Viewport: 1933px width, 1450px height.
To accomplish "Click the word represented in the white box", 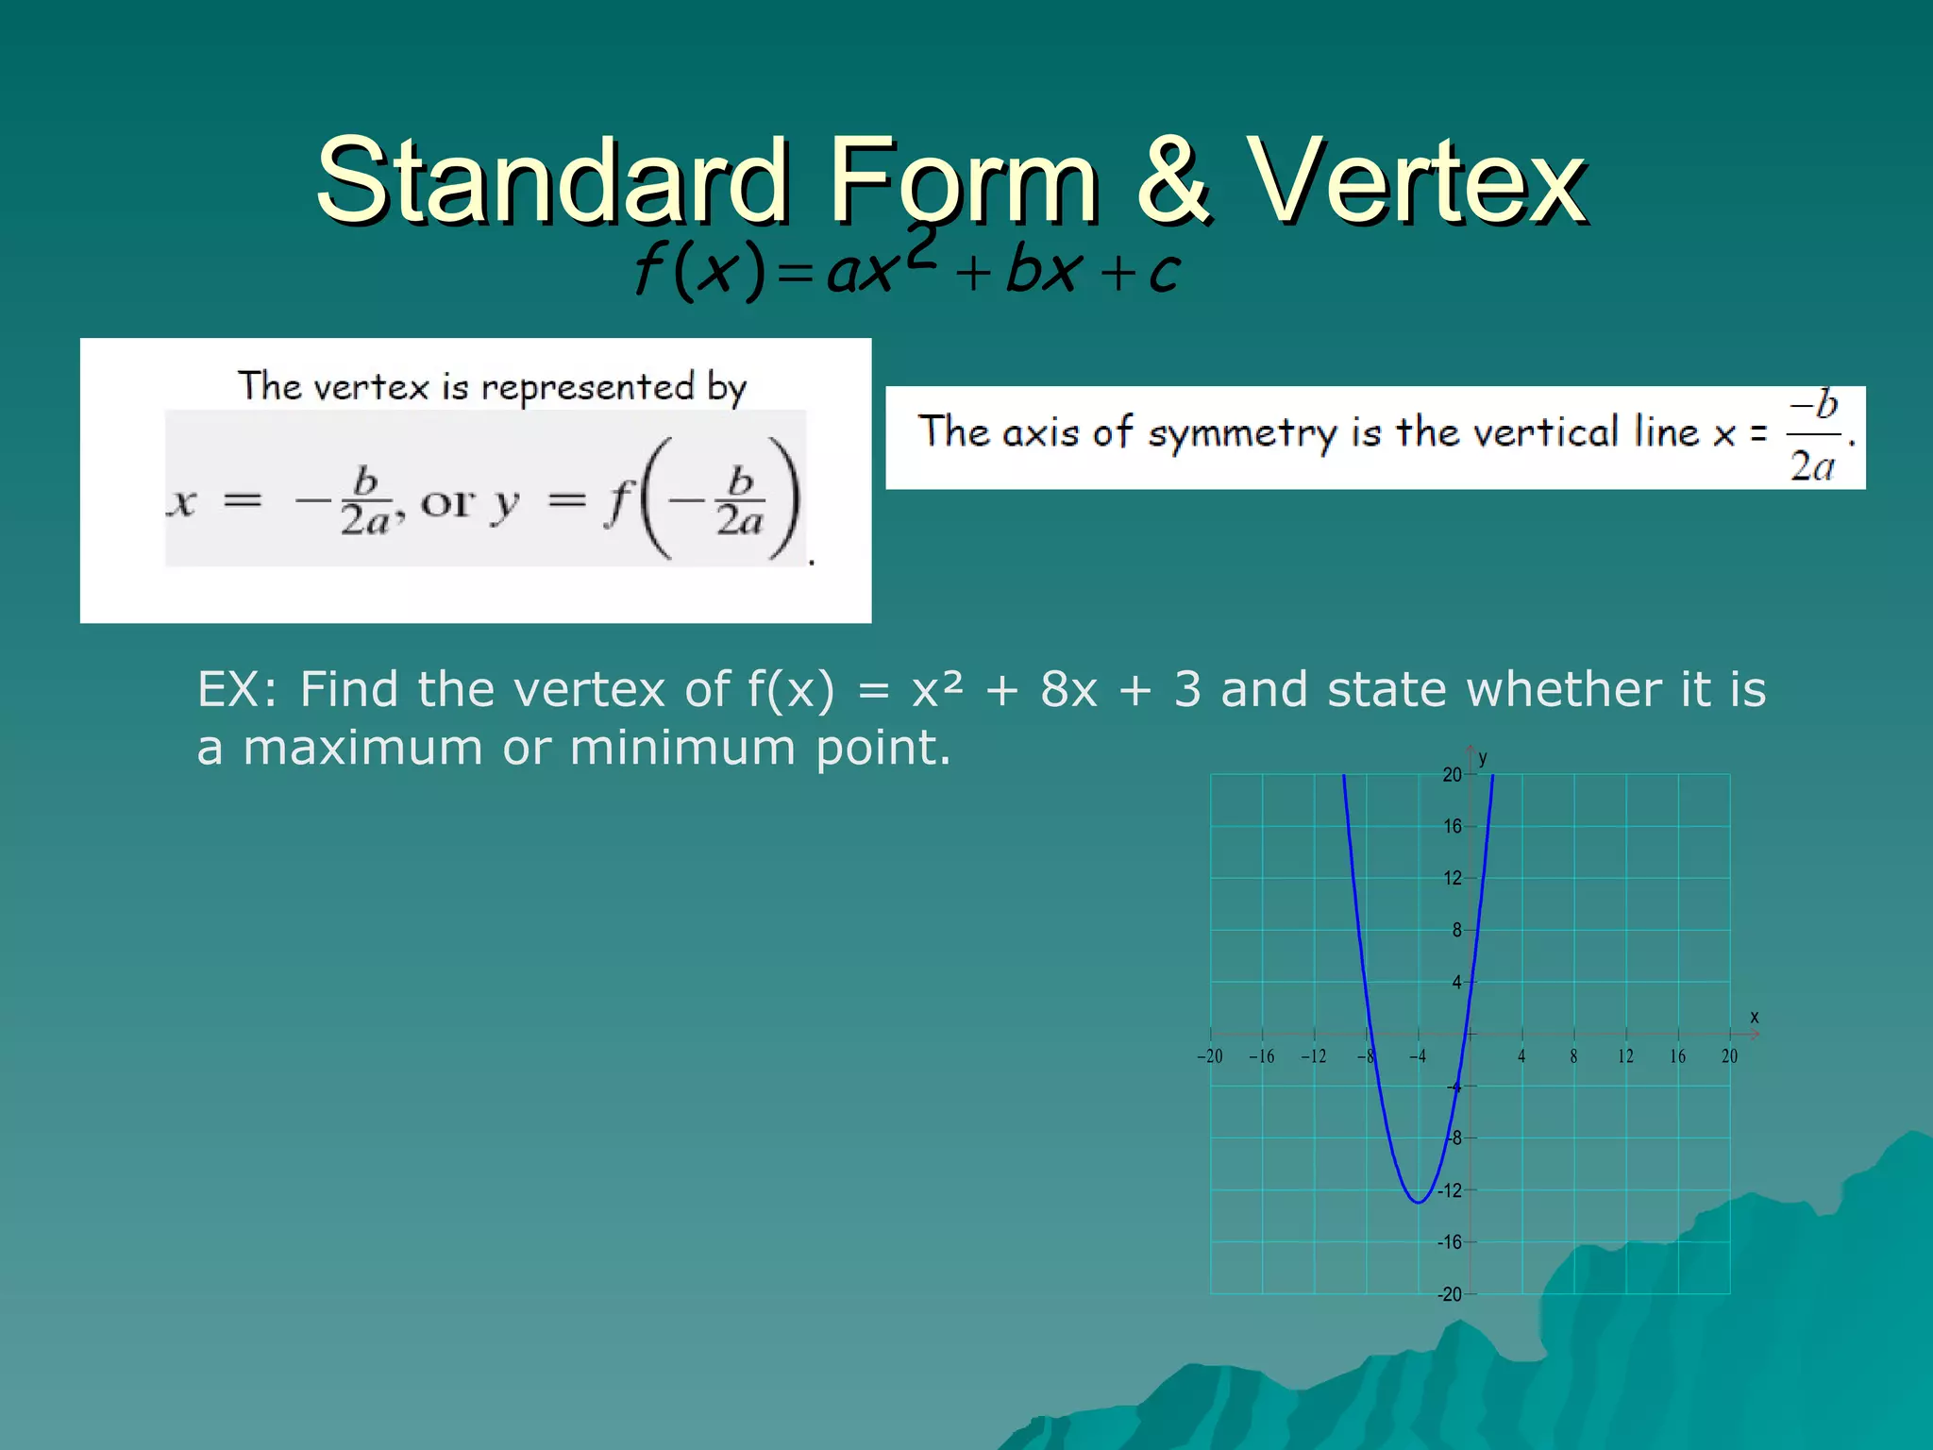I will tap(588, 387).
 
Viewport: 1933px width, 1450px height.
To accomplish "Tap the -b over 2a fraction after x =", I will tap(1813, 436).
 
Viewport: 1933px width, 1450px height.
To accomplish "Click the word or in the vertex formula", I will tap(446, 502).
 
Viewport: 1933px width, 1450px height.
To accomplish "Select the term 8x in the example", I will tap(1068, 689).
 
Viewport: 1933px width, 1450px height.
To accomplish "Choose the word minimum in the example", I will tap(682, 748).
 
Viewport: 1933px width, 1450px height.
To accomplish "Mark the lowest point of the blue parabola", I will tap(1418, 1202).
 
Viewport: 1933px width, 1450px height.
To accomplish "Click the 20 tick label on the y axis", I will tap(1452, 775).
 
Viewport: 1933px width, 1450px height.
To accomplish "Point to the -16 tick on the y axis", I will tap(1450, 1242).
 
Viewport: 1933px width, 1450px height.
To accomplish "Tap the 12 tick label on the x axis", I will tap(1625, 1056).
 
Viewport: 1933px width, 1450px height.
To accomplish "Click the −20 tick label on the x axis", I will tap(1209, 1056).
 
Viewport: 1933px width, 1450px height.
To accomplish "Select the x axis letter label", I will tap(1755, 1017).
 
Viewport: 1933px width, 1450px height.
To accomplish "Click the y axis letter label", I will tap(1483, 758).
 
